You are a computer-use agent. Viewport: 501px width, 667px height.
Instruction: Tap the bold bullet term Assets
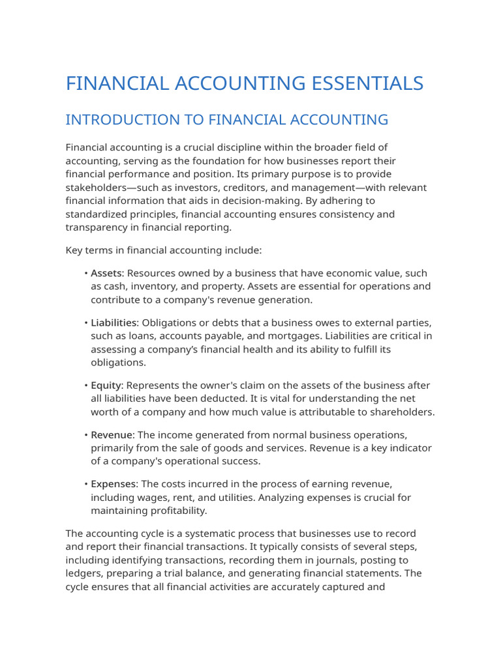tap(106, 273)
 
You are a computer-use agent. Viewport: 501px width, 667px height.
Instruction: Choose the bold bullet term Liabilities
tap(114, 322)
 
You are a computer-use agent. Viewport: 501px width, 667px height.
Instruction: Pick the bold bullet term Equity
tap(106, 386)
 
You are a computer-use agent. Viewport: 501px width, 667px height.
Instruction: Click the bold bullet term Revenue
tap(112, 434)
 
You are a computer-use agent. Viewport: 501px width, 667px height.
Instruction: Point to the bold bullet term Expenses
tap(114, 484)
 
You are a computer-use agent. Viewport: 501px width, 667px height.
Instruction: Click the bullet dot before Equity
tap(85, 386)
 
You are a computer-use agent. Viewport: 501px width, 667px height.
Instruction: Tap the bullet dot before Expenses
tap(85, 484)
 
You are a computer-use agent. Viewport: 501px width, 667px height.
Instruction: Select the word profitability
tap(177, 511)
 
